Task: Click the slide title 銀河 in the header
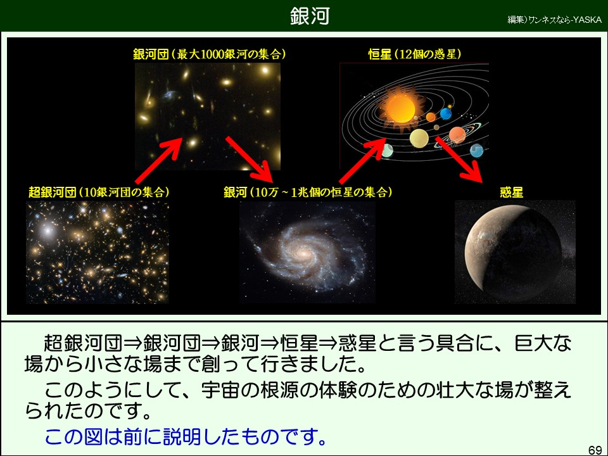click(310, 16)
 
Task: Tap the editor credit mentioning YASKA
click(554, 20)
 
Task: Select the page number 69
click(595, 450)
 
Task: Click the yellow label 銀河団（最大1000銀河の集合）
click(210, 54)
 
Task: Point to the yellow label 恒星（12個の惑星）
click(414, 54)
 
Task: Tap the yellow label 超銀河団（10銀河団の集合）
click(99, 192)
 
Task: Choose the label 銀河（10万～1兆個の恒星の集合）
click(308, 192)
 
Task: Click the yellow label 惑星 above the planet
click(512, 192)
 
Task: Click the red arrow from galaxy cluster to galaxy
click(250, 160)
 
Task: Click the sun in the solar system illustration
click(400, 108)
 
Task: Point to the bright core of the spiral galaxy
click(302, 253)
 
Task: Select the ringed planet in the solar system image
click(457, 136)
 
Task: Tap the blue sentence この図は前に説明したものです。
click(186, 436)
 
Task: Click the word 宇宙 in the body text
click(220, 390)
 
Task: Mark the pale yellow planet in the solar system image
click(419, 139)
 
